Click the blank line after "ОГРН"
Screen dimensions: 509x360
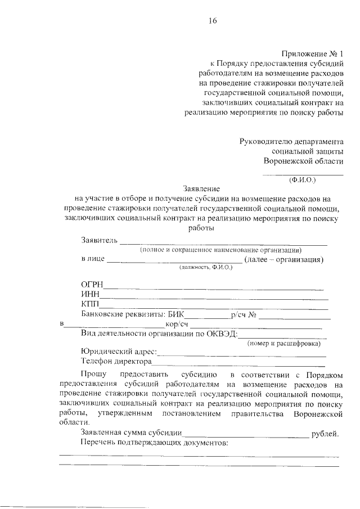(214, 289)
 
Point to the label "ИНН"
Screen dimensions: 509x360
(90, 294)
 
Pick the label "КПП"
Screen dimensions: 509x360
(91, 304)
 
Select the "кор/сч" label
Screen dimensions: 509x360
(177, 325)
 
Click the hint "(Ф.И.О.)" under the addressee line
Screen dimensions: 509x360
(303, 181)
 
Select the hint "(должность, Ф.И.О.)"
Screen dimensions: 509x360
(206, 268)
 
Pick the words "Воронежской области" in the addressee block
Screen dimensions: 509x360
(304, 161)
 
